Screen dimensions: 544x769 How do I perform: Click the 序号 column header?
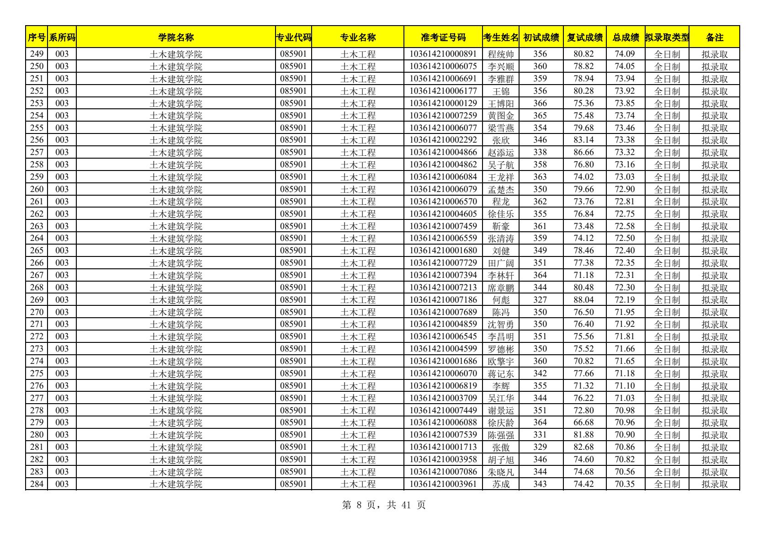tap(37, 37)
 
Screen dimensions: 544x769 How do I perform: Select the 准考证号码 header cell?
tap(443, 37)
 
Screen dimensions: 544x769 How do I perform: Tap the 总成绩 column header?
tap(625, 37)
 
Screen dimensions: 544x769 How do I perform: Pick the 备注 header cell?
tap(714, 37)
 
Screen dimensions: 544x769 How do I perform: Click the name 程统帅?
tap(501, 54)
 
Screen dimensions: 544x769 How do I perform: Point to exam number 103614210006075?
tap(443, 67)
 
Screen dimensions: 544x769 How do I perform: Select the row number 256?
tap(37, 140)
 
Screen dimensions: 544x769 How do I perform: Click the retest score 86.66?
tap(583, 153)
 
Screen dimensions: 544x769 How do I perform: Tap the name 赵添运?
tap(501, 153)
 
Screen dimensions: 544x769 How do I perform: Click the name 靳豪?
tap(501, 226)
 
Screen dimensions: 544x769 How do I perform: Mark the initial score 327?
tap(540, 300)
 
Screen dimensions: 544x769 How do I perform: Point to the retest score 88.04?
tap(583, 300)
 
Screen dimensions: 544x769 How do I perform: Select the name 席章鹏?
tap(501, 288)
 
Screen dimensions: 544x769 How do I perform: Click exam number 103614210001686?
tap(443, 361)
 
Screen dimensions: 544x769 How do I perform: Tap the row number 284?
tap(37, 484)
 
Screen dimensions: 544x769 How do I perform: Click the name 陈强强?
tap(501, 435)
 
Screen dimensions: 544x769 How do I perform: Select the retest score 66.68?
tap(583, 422)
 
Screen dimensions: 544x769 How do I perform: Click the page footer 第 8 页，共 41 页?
tap(384, 505)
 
